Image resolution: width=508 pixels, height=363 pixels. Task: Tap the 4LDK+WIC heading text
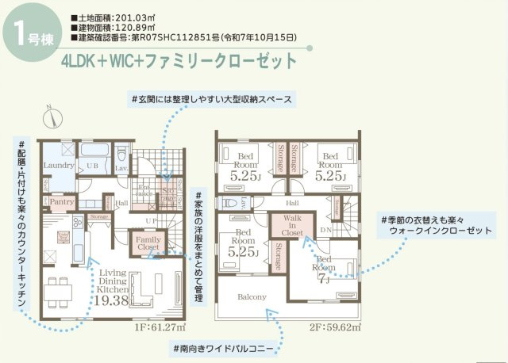click(x=183, y=60)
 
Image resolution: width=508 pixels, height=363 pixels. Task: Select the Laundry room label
click(x=59, y=165)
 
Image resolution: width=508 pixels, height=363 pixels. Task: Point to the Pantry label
click(x=61, y=201)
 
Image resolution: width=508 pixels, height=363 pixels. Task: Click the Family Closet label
click(x=148, y=242)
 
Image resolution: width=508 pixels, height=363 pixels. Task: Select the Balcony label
click(x=252, y=297)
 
